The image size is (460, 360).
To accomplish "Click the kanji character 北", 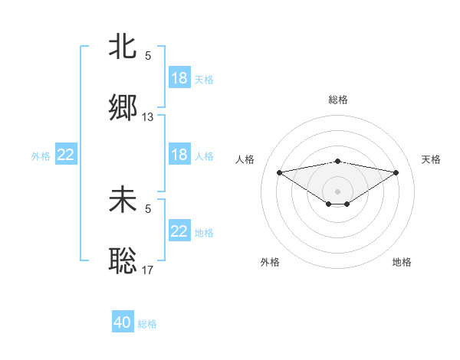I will coord(123,47).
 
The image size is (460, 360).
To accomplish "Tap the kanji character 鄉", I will coord(123,108).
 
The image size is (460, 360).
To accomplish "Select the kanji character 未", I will coord(123,200).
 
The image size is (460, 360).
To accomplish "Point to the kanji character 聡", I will coord(123,261).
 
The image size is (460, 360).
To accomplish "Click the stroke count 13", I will coord(148,117).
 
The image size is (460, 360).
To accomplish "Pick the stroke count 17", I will coord(148,270).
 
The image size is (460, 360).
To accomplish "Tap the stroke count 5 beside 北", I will coord(148,56).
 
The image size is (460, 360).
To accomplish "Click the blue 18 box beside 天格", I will coord(179,78).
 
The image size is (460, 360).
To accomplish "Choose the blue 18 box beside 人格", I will coord(179,155).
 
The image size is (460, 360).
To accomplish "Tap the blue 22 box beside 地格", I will coord(179,231).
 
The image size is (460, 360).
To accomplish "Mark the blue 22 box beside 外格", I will coord(66,155).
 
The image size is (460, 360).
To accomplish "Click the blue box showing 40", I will coord(123,322).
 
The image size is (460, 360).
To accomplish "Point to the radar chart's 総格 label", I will coord(338,100).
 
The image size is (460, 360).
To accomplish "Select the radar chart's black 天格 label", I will coord(432,159).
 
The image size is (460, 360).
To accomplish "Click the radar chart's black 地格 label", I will coord(402,262).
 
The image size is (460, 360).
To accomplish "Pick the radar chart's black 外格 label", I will coord(270,262).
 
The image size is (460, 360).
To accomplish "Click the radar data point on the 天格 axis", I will coord(396,172).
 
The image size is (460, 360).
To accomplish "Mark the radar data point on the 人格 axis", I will coord(279,172).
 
